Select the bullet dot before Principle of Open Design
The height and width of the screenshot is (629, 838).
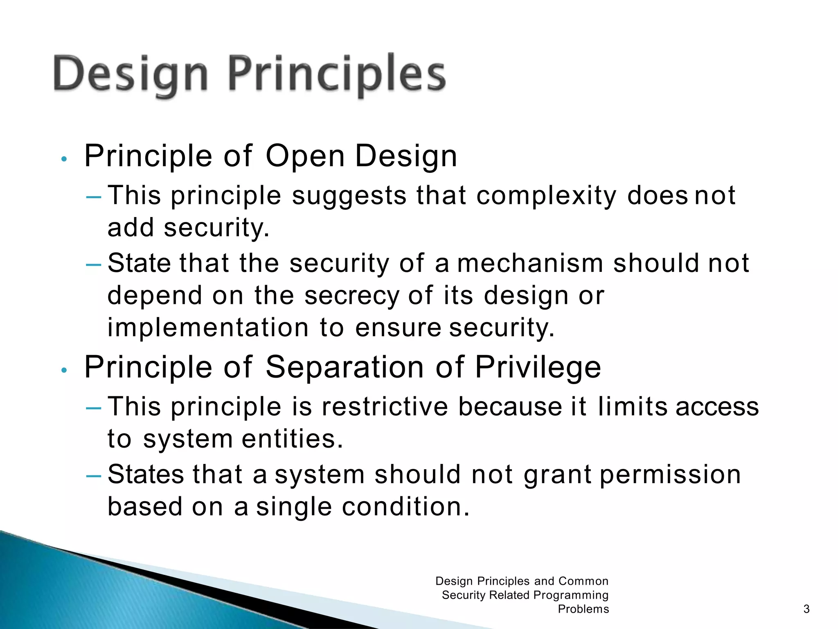(63, 159)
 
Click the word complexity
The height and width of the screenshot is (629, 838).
(546, 196)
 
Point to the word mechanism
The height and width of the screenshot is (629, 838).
(530, 263)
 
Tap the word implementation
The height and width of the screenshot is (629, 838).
(208, 328)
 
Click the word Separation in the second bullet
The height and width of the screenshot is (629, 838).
(345, 367)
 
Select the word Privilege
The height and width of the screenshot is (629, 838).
(538, 367)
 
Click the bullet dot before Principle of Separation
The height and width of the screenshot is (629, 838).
(63, 370)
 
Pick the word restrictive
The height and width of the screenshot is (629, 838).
(385, 407)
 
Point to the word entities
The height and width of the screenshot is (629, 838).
(292, 439)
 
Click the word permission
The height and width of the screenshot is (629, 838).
(670, 475)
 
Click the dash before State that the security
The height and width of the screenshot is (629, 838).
(94, 265)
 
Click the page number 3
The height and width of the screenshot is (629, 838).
(806, 609)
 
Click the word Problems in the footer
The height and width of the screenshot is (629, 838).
(583, 609)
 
